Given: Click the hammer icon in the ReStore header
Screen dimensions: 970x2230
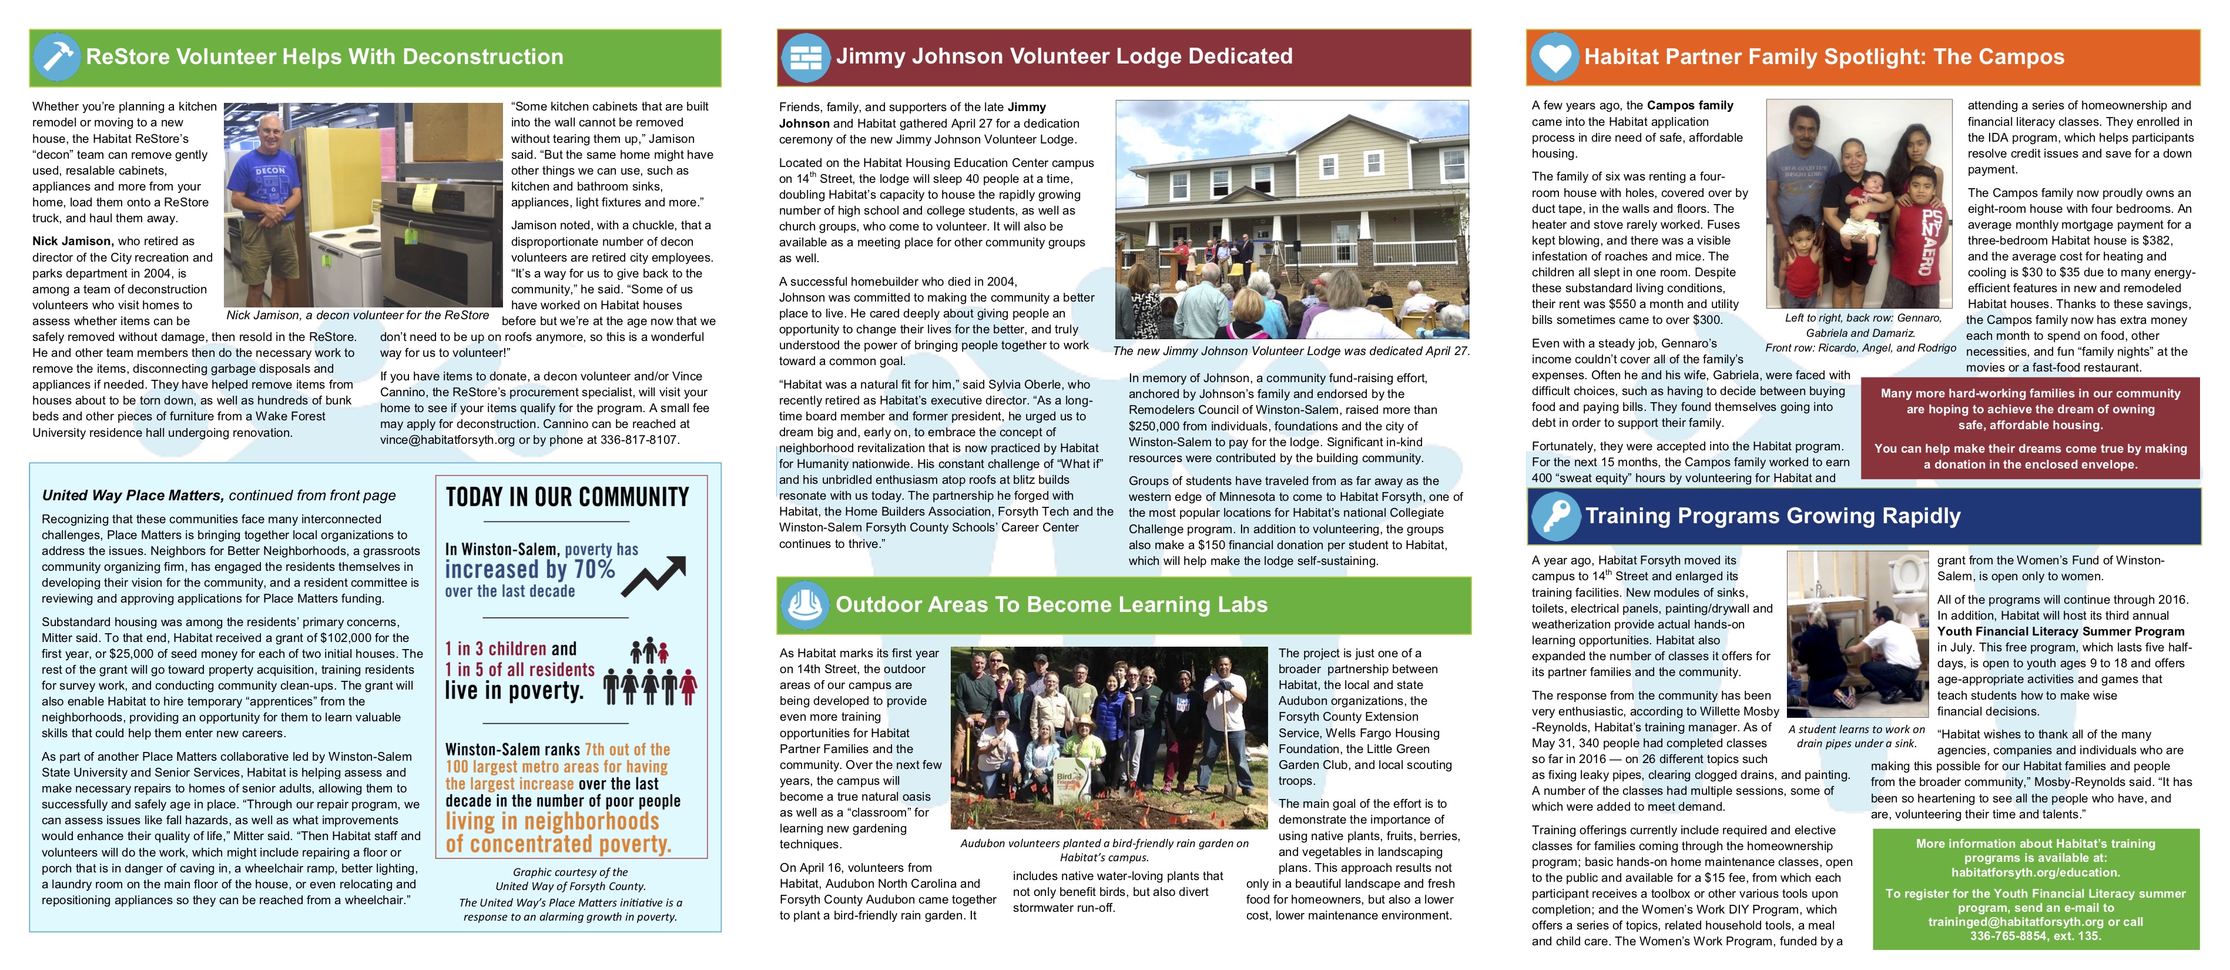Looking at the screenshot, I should pyautogui.click(x=57, y=57).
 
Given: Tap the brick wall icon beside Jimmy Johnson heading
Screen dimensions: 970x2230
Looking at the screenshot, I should pyautogui.click(x=805, y=57).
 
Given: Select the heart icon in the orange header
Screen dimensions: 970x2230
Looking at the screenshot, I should pyautogui.click(x=1555, y=57).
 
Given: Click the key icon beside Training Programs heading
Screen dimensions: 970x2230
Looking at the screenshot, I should pyautogui.click(x=1555, y=516).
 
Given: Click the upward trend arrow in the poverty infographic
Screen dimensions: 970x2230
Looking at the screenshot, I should pyautogui.click(x=653, y=576).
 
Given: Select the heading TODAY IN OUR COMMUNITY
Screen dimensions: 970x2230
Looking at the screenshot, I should pyautogui.click(x=567, y=497).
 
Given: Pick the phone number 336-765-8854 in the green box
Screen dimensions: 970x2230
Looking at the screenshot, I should pyautogui.click(x=2010, y=936).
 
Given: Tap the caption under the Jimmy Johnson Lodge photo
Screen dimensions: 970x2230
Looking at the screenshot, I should pyautogui.click(x=1291, y=351).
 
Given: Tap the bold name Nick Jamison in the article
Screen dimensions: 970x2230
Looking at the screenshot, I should pyautogui.click(x=73, y=242).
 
